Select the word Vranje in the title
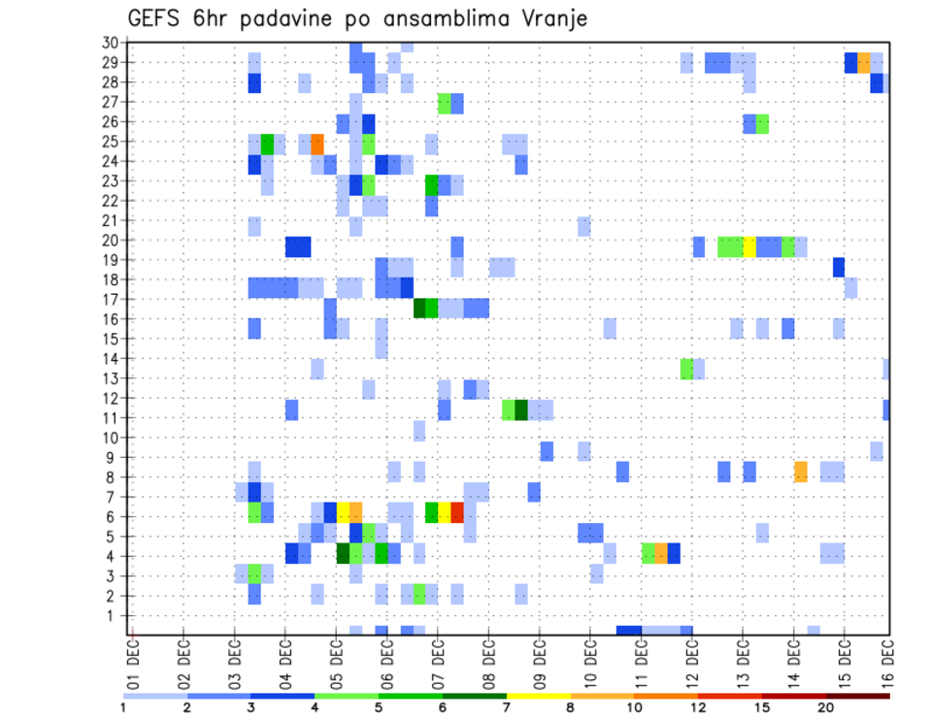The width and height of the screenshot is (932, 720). point(554,19)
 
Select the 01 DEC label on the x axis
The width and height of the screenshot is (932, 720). point(133,659)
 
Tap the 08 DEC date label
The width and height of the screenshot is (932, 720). point(488,659)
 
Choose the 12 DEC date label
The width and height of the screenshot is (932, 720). point(691,659)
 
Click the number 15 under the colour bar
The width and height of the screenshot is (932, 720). point(762,707)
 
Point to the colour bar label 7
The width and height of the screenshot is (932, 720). point(507,707)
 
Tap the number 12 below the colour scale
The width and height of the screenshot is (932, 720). point(698,707)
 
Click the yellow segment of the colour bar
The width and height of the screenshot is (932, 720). point(538,695)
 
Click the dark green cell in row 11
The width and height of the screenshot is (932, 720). point(521,409)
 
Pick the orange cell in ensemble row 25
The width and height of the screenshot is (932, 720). point(317,144)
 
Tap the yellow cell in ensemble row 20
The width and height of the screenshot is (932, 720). point(749,246)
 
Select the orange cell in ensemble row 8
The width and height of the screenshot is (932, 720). point(801,472)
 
